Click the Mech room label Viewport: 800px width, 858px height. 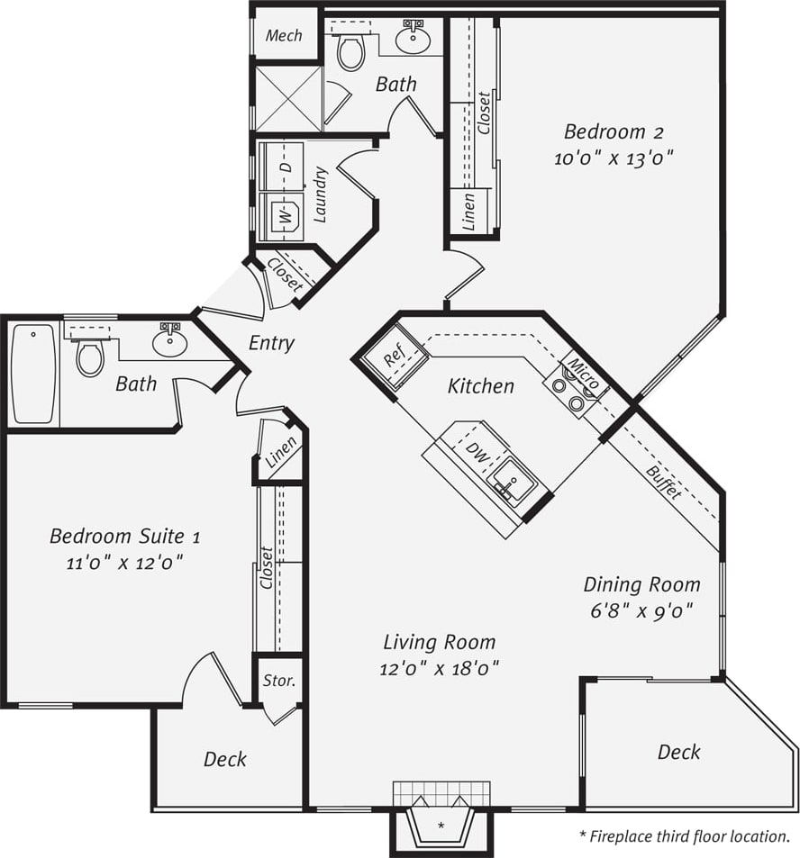pos(284,35)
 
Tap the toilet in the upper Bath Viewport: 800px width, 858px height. pos(350,51)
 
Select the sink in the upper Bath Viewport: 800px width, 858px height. pos(414,38)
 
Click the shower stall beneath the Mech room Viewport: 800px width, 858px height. pos(287,98)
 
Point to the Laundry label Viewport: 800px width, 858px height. pos(320,194)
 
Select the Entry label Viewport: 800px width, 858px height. pos(271,344)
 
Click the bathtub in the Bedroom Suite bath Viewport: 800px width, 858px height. pos(33,374)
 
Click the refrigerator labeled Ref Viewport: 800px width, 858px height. pos(395,357)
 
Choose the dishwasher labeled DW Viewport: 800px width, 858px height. pos(477,454)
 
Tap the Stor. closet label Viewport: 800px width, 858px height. pos(278,681)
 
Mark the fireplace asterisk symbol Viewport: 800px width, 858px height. pos(441,825)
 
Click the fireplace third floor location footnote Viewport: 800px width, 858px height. pos(684,836)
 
